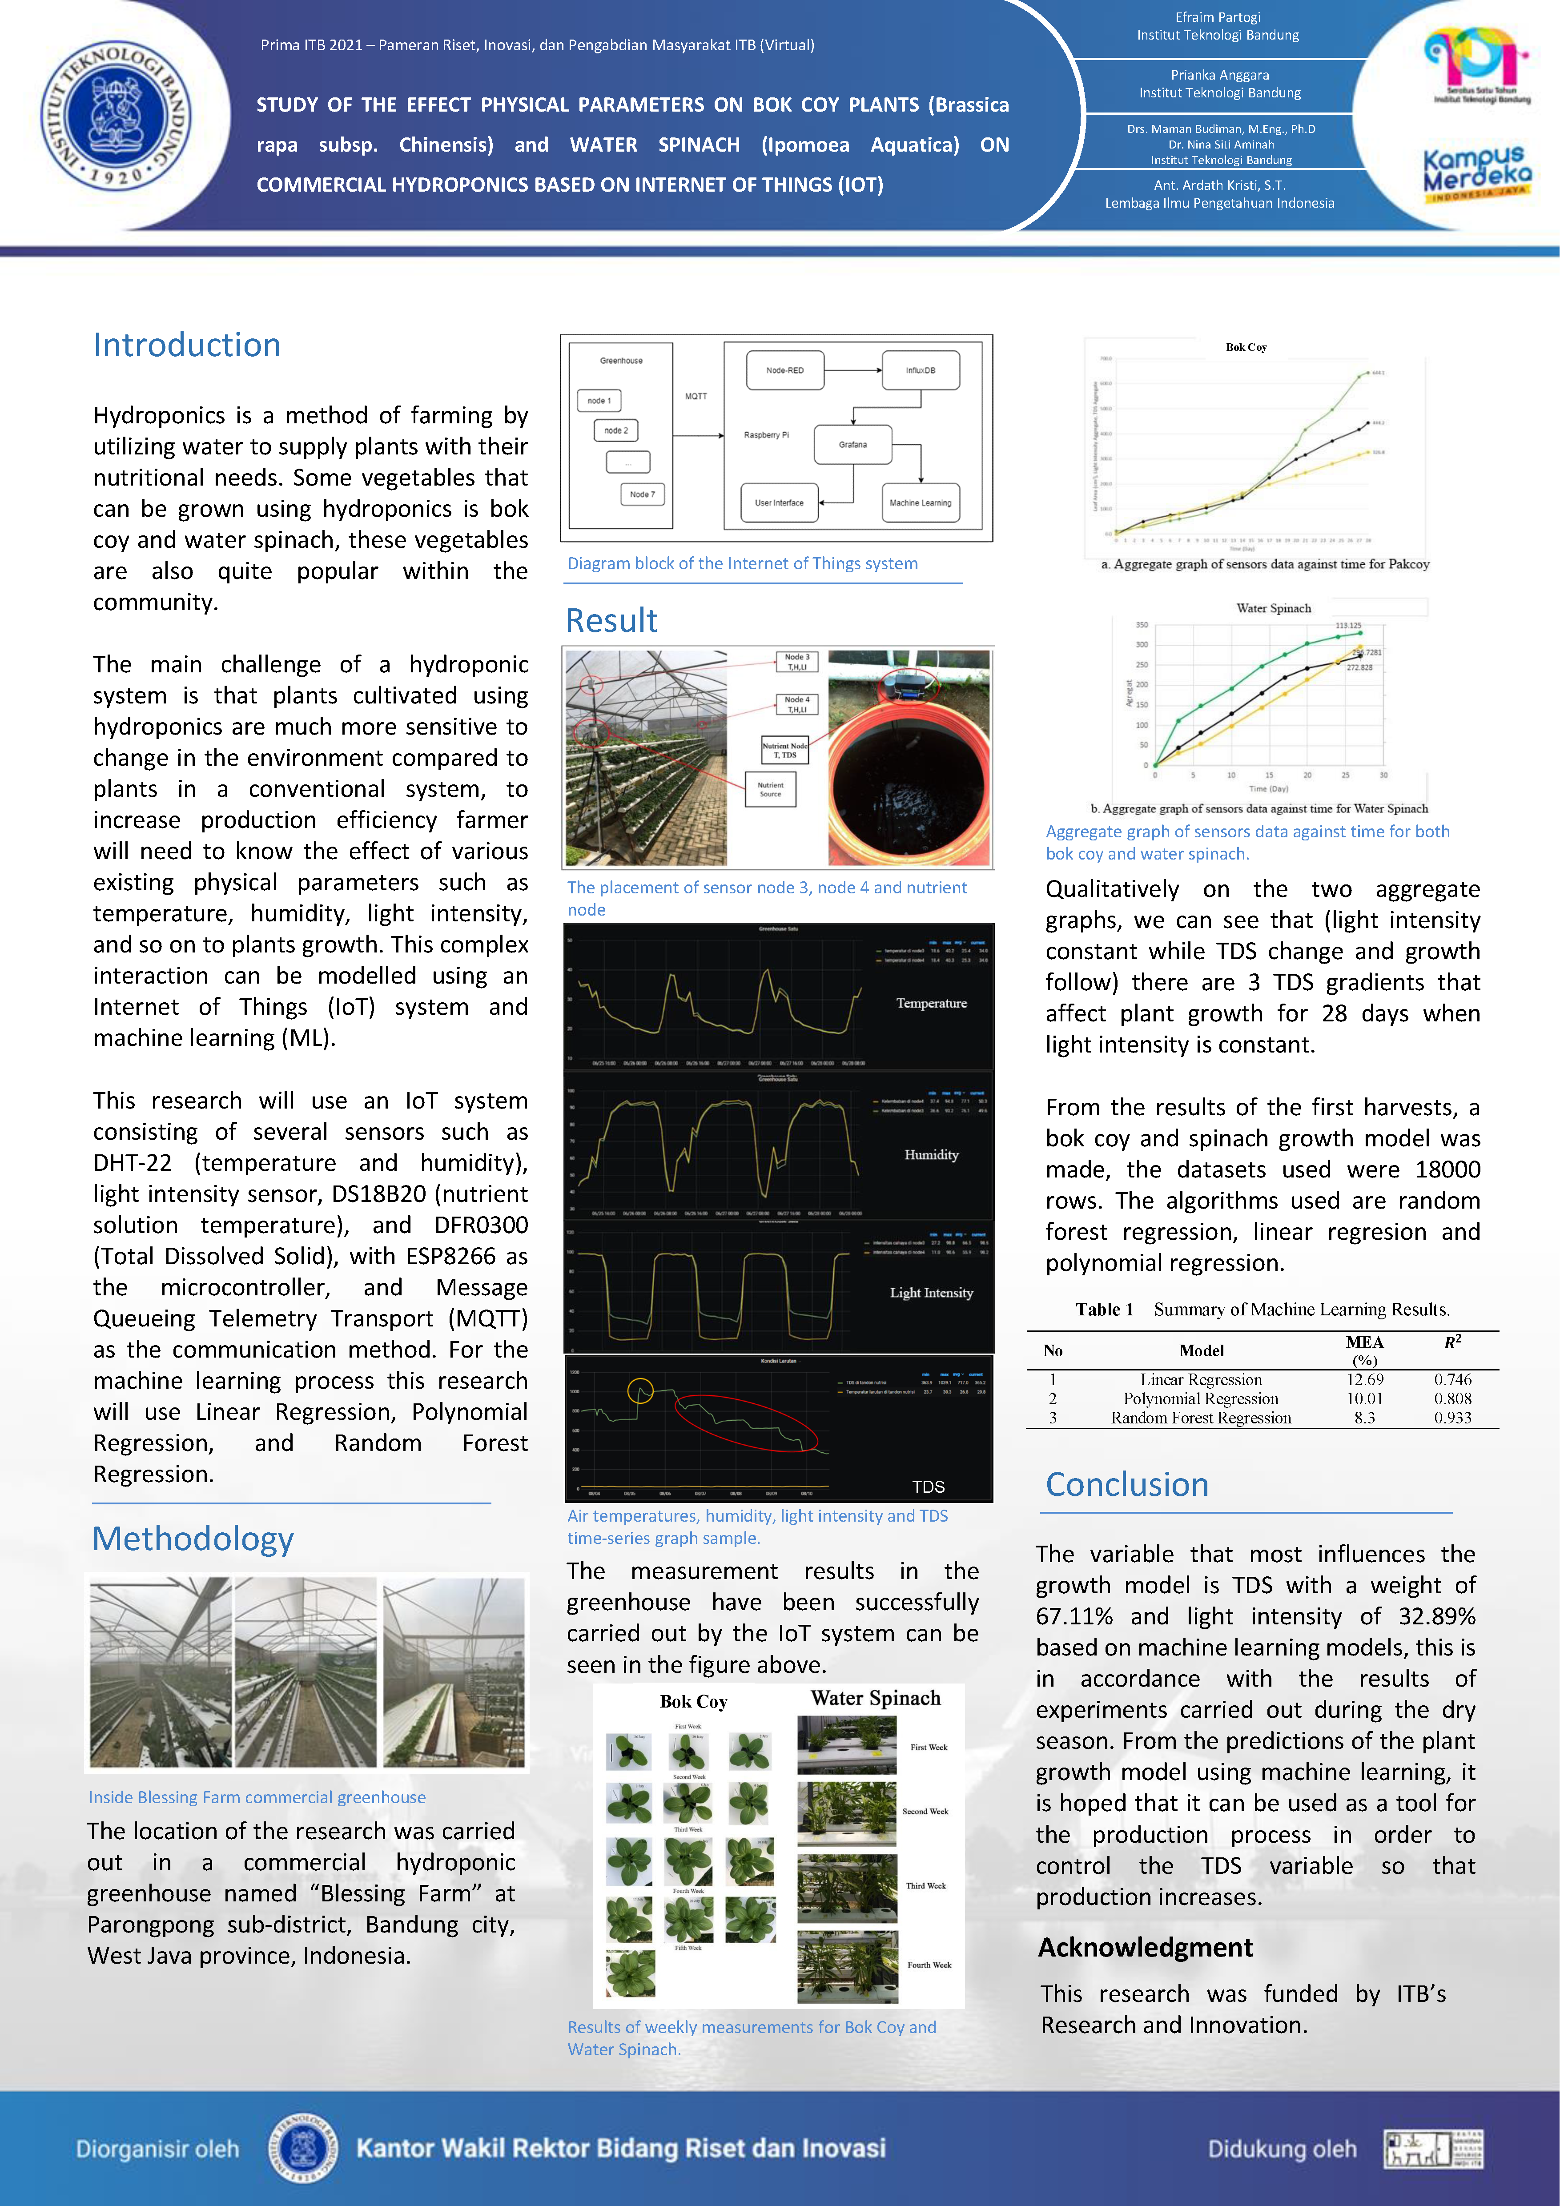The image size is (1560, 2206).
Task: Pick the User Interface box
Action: click(779, 502)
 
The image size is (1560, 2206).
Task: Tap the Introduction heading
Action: click(187, 345)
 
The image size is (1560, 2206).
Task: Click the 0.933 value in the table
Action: click(1452, 1417)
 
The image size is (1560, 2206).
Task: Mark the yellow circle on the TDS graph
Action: click(640, 1390)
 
